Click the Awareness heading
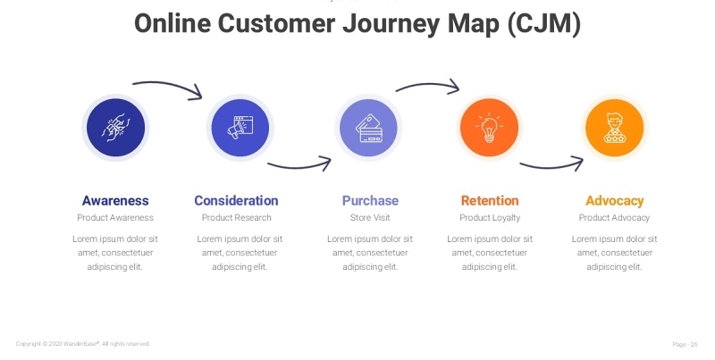click(115, 201)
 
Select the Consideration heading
click(236, 201)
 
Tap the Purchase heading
click(370, 201)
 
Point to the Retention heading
click(490, 201)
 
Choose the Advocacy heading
click(614, 201)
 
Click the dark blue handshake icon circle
click(114, 129)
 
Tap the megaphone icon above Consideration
click(239, 129)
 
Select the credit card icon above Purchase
click(369, 129)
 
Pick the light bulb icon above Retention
click(489, 129)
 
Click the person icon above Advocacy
click(614, 129)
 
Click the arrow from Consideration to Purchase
click(299, 165)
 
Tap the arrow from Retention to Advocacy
click(551, 165)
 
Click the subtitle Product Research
click(236, 218)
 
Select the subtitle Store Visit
click(370, 218)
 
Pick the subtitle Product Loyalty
click(490, 218)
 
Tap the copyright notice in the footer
click(83, 344)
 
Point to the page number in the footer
click(684, 344)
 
